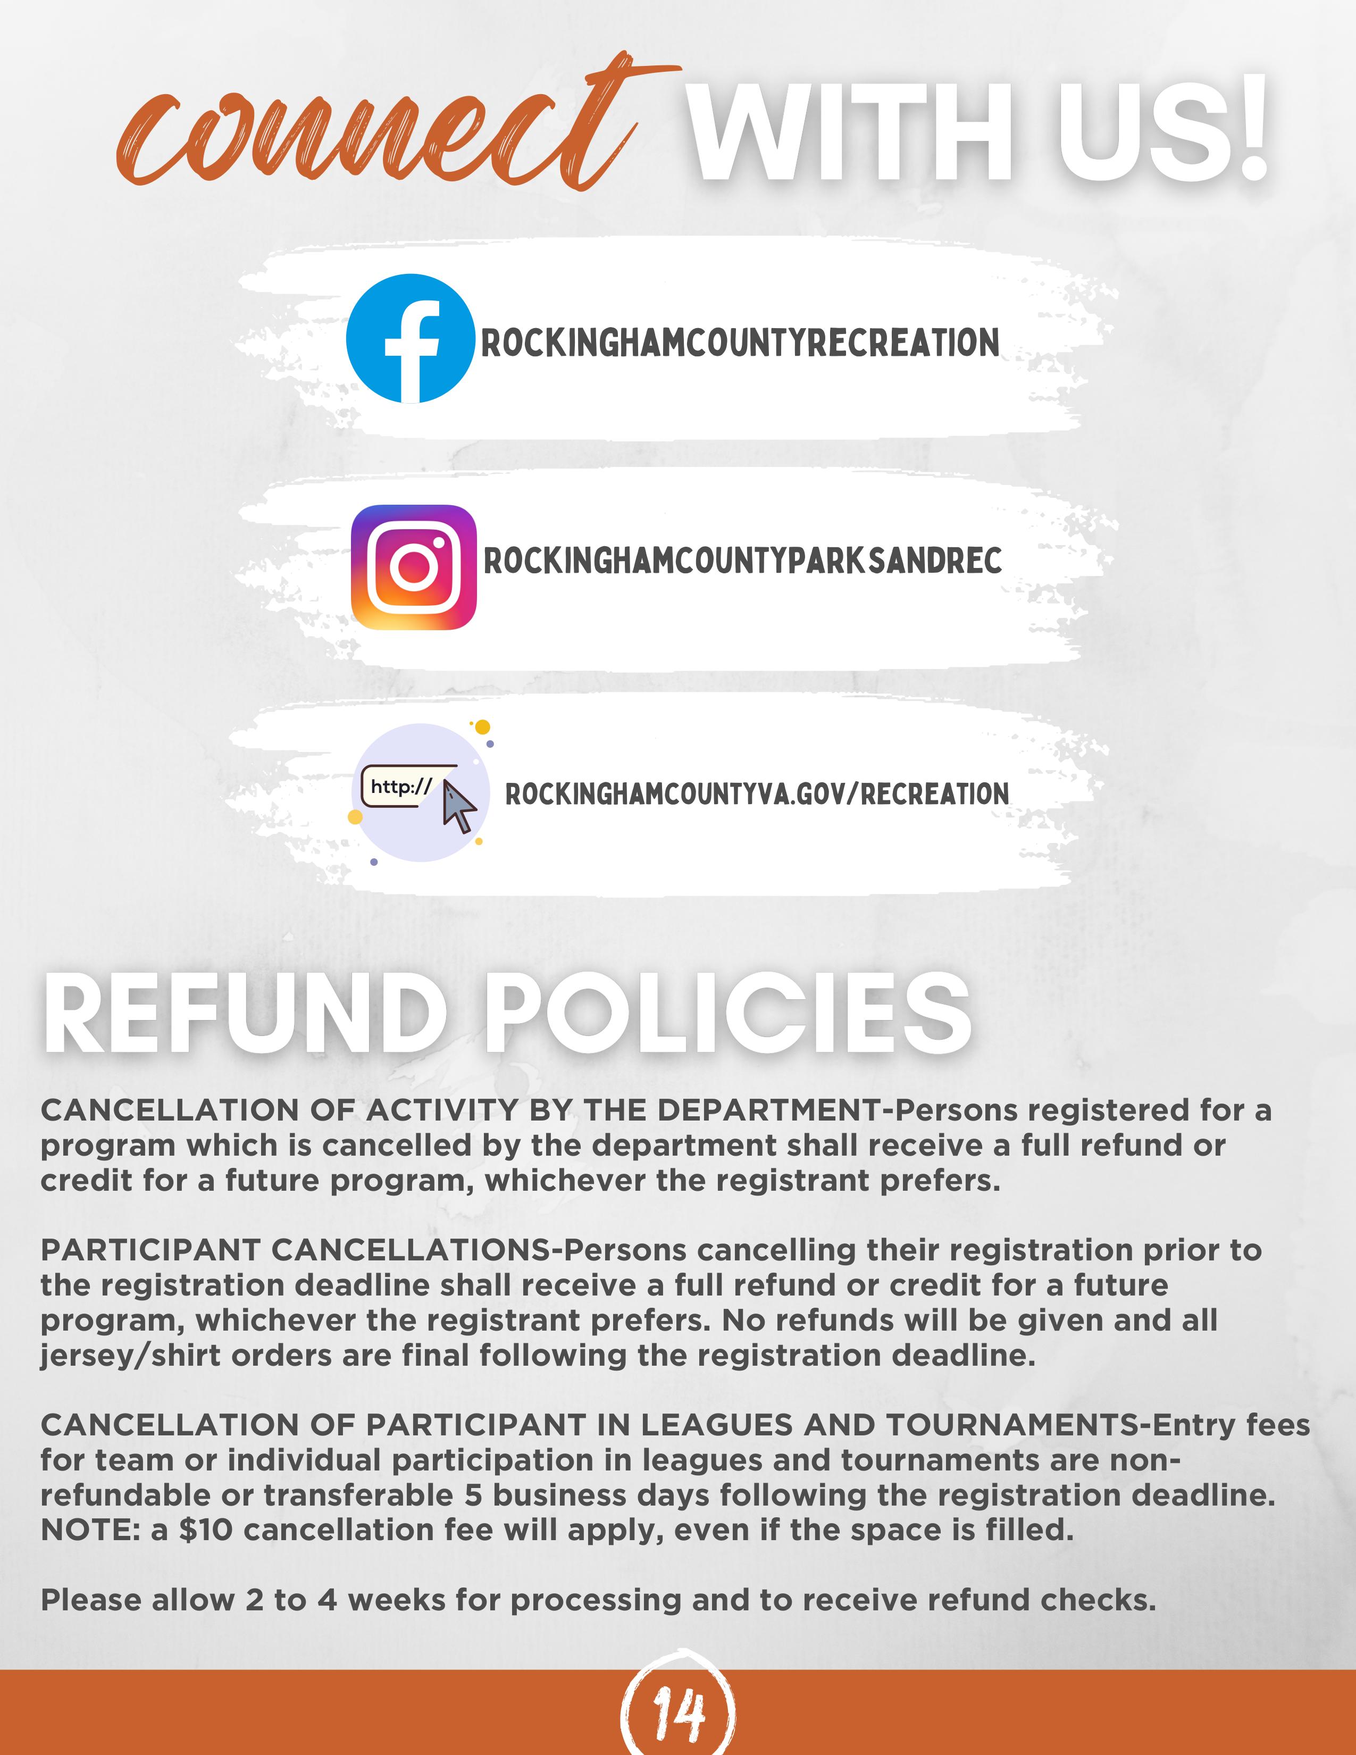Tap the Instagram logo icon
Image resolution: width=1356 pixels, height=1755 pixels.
pos(414,567)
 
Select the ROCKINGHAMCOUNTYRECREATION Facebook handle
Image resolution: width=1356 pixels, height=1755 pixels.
pos(740,343)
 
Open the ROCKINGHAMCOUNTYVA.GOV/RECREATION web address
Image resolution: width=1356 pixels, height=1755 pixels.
pos(757,794)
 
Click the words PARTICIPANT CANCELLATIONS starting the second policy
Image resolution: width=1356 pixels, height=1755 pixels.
pos(297,1250)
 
